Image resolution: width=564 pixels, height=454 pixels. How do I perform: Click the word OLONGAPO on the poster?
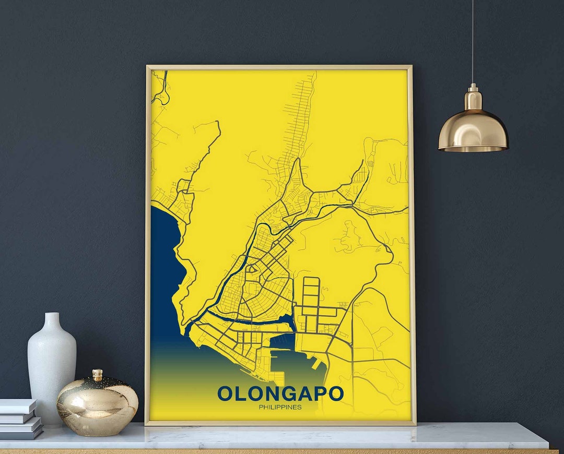(x=280, y=393)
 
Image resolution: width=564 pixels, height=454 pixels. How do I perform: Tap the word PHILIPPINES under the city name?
(x=280, y=407)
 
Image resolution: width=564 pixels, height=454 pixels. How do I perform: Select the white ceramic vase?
(x=52, y=365)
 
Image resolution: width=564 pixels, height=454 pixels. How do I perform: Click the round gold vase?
(x=97, y=404)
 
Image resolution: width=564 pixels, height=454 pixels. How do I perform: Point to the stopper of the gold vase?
(x=97, y=374)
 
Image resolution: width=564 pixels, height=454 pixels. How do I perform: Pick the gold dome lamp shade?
(x=473, y=130)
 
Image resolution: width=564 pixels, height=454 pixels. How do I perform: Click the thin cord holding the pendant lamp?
(x=473, y=42)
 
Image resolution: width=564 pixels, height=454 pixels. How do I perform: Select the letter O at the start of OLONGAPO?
(x=225, y=393)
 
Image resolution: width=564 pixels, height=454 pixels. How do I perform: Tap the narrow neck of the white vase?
(x=52, y=321)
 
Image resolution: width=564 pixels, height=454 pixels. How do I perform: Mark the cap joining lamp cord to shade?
(x=473, y=97)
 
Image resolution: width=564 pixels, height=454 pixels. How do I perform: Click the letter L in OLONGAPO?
(x=240, y=393)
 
